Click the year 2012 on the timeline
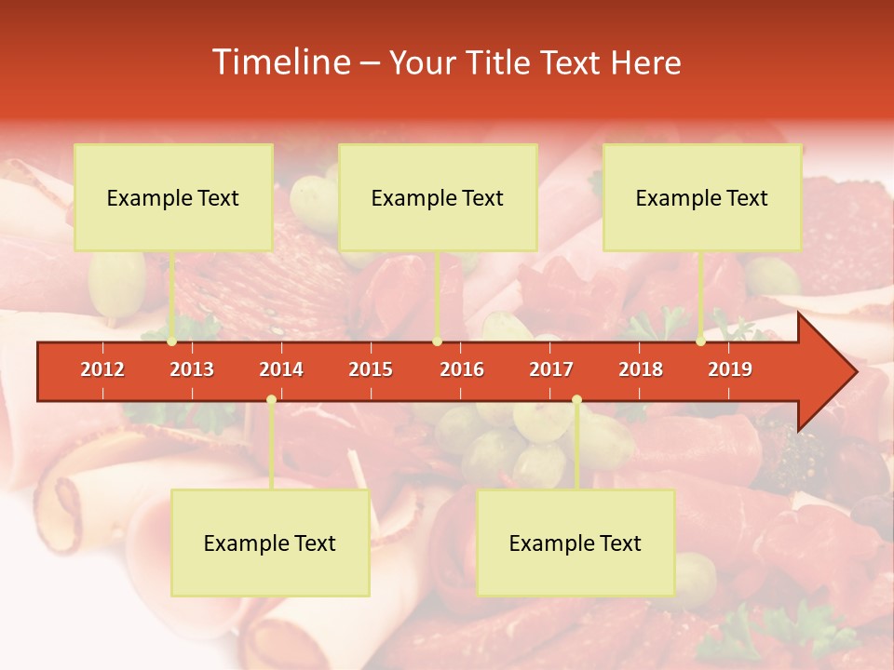coord(102,369)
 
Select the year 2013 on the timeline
coord(192,369)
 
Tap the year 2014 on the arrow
coord(281,369)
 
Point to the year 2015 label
coord(371,369)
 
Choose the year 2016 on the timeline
coord(462,369)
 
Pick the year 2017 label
coord(551,369)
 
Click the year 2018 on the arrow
coord(641,369)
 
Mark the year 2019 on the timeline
coord(730,369)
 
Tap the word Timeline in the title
coord(279,62)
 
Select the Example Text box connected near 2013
coord(173,197)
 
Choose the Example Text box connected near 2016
coord(438,197)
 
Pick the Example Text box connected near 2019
coord(702,197)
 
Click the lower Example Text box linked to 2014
coord(270,543)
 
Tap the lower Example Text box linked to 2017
coord(576,543)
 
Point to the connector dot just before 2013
coord(172,342)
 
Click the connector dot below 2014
coord(271,400)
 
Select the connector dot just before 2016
coord(437,342)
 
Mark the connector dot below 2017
coord(576,400)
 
